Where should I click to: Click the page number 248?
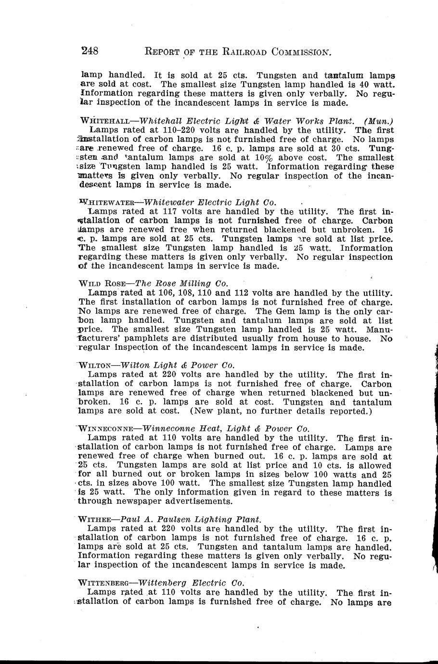pyautogui.click(x=90, y=51)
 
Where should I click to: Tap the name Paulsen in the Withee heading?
pyautogui.click(x=181, y=520)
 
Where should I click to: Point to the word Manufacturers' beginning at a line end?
pyautogui.click(x=380, y=330)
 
